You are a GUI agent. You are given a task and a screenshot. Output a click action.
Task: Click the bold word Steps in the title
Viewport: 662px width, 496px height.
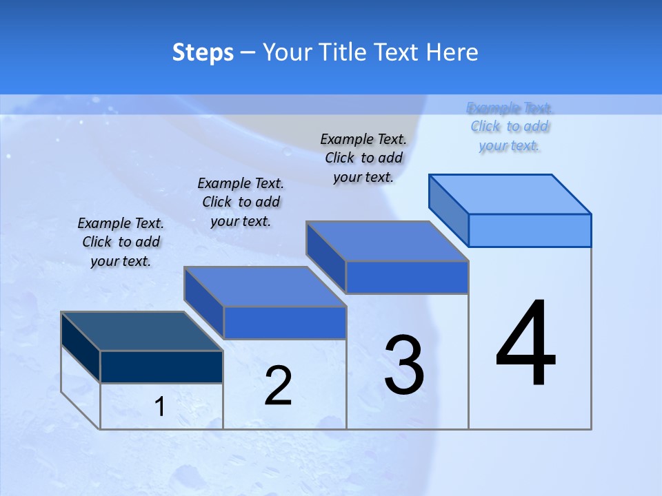coord(202,53)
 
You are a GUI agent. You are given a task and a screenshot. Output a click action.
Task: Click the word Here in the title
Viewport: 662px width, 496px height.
coord(452,52)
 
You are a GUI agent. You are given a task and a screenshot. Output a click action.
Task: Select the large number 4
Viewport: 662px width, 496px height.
coord(525,344)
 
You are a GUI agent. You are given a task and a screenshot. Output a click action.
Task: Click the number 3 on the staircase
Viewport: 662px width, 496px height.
coord(404,365)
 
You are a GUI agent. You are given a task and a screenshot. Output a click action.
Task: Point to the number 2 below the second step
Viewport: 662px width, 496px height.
coord(278,386)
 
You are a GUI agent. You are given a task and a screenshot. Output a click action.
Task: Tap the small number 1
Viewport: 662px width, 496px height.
coord(160,407)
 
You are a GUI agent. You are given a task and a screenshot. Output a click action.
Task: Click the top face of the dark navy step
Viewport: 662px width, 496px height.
coord(141,331)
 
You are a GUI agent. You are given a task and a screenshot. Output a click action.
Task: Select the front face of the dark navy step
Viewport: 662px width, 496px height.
coord(161,366)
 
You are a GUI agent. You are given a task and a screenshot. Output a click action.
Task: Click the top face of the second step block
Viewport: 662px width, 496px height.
coord(265,286)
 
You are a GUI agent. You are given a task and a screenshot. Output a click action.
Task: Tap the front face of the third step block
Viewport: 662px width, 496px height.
coord(407,277)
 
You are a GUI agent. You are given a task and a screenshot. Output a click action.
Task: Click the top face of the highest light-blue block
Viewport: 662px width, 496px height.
coord(510,194)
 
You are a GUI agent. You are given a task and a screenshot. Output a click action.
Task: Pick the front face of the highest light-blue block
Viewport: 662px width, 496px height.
coord(530,230)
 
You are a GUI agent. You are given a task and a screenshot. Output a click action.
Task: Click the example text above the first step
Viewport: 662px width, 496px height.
coord(121,242)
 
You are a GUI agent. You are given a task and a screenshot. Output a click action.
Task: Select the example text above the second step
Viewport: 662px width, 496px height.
coord(241,202)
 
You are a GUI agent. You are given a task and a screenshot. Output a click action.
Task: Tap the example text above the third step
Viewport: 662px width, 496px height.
coord(363,158)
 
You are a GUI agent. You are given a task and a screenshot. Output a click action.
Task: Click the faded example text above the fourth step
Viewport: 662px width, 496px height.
coord(510,127)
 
